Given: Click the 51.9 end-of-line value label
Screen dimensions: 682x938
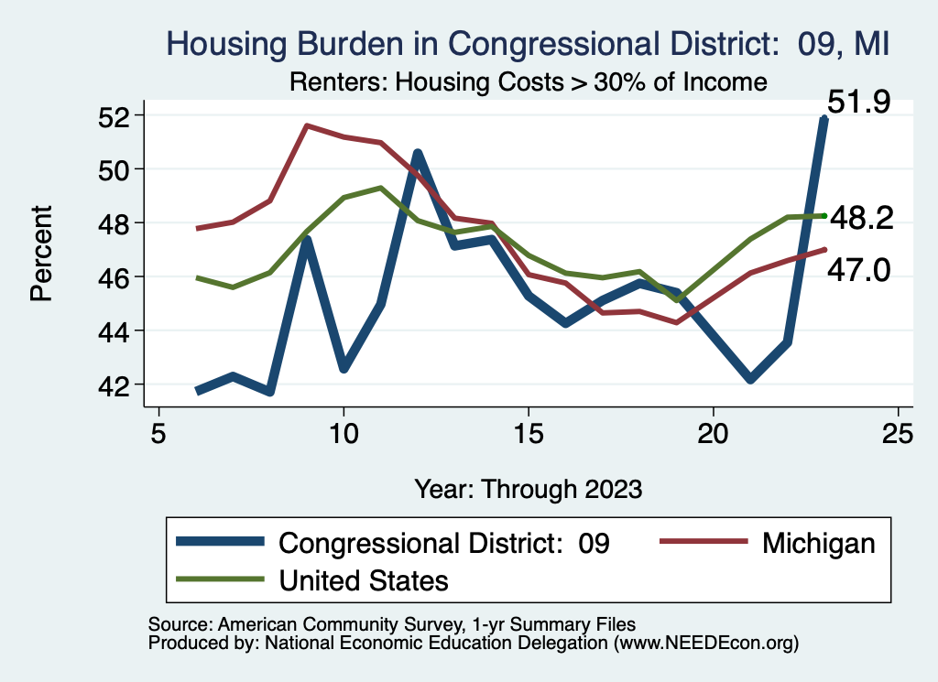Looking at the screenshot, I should (x=858, y=102).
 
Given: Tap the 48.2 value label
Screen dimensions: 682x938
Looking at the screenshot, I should (x=860, y=218).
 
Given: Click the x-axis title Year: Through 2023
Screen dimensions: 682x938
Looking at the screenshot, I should (x=528, y=488).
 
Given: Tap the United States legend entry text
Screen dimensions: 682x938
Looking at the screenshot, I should (x=364, y=580).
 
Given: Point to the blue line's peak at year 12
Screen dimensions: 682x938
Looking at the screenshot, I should (x=417, y=154).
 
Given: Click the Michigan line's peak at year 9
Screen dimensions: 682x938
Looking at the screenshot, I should (x=306, y=125).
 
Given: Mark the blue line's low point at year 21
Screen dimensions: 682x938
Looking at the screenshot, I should (x=750, y=378).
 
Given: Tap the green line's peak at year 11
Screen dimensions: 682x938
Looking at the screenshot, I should (x=380, y=188).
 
